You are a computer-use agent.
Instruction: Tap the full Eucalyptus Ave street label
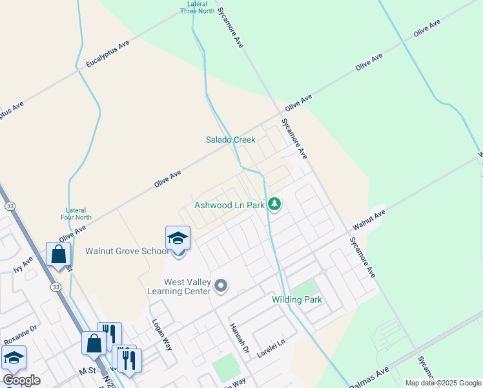point(108,54)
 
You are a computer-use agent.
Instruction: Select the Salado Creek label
point(231,140)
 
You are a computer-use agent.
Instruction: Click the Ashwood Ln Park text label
point(229,205)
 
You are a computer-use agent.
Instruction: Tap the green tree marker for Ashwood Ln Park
point(274,204)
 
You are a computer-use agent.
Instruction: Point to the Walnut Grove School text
point(128,251)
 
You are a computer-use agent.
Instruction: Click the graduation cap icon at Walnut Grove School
point(178,239)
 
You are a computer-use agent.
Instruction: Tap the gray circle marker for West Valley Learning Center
point(221,285)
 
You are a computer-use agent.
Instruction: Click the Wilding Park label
point(296,300)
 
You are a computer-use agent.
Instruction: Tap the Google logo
point(21,380)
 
